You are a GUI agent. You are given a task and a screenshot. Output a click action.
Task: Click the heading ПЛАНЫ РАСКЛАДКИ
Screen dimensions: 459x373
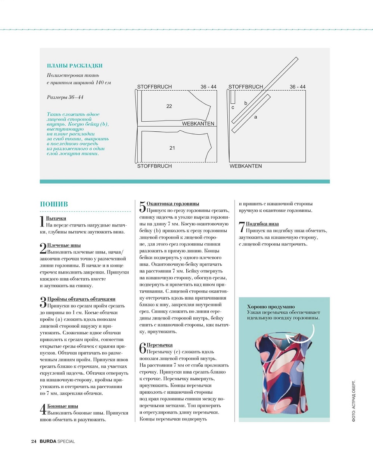75,66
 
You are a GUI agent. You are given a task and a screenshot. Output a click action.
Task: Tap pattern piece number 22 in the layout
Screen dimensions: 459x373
169,106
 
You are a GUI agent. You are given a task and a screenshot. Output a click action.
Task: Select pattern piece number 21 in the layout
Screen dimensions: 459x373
172,148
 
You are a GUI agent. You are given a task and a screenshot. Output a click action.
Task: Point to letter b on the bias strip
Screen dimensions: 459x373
246,103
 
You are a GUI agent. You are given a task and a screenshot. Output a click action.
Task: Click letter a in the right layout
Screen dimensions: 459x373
255,117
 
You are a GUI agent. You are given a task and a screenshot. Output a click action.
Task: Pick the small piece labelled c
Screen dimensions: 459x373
233,107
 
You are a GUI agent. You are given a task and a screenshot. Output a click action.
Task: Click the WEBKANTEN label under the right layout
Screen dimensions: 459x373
246,166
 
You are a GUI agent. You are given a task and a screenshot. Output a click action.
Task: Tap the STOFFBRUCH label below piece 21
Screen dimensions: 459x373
154,166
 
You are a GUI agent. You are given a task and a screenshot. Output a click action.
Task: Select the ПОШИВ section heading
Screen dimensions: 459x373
54,204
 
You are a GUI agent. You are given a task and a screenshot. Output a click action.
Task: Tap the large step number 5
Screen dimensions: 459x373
143,207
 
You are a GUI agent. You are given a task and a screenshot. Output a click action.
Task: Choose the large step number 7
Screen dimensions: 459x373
242,227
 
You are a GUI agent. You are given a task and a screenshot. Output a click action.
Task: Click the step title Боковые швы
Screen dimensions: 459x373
63,406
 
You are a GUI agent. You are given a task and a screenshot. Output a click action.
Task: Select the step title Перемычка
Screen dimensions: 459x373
160,345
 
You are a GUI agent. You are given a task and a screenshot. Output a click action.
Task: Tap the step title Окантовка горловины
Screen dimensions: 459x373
173,204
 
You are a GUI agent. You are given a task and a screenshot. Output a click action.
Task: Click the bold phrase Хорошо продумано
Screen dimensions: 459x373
271,307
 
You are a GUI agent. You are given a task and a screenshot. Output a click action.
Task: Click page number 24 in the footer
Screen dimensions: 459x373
33,441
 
